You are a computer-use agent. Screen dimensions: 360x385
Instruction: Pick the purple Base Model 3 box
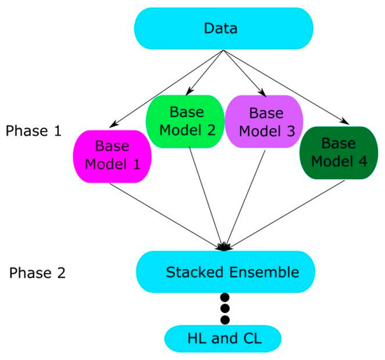[x=264, y=120]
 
